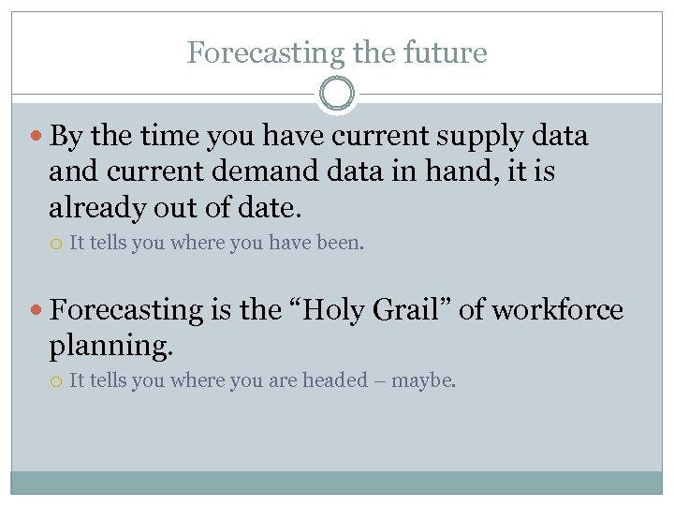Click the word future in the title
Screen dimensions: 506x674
coord(447,52)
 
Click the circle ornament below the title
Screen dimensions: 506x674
coord(337,95)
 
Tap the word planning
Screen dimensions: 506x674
coord(110,347)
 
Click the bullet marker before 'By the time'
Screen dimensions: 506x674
coord(36,138)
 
